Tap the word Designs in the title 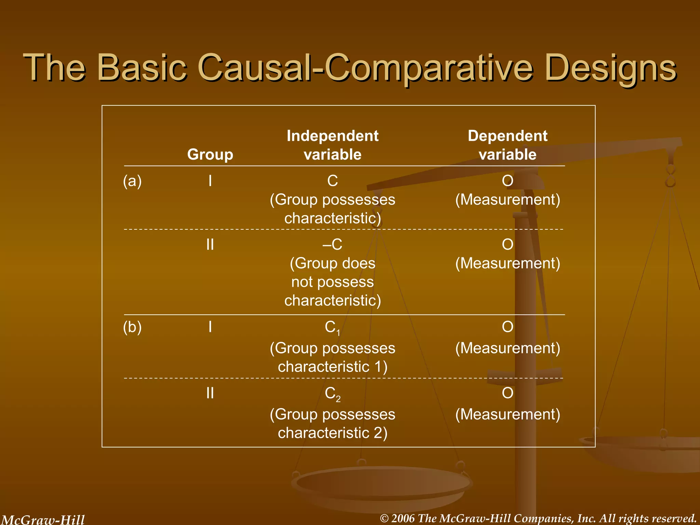pos(610,67)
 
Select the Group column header pos(210,154)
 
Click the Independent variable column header pos(332,145)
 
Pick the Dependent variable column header pos(507,145)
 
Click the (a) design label pos(132,181)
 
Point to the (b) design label pos(132,327)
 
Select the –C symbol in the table pos(332,244)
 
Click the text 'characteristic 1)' pos(332,367)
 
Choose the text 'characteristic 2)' pos(332,433)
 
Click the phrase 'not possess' pos(332,282)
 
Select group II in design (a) pos(210,245)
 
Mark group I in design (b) pos(210,327)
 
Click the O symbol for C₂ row pos(507,393)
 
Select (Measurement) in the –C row pos(507,264)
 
